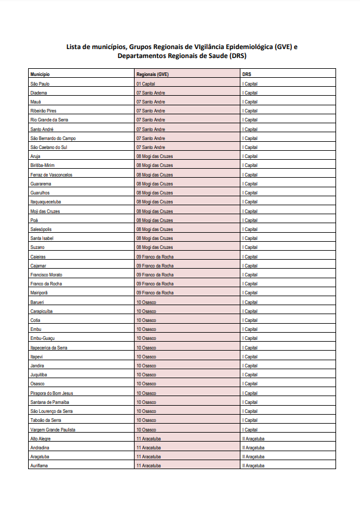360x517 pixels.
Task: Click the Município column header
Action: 39,74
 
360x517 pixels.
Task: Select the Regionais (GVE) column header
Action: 152,74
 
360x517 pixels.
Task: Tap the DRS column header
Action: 246,74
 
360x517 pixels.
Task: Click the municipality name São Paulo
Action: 39,84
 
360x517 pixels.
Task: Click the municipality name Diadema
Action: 38,93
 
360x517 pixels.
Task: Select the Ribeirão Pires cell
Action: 43,111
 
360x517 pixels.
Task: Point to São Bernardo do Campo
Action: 53,138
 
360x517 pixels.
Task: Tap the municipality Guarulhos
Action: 39,193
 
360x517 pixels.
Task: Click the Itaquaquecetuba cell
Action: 45,202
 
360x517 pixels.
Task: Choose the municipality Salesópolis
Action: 41,229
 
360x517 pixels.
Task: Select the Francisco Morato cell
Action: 46,275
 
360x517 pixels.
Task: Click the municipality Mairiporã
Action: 39,293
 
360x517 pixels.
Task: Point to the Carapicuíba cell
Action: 41,311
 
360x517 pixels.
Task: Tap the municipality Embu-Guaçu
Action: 42,338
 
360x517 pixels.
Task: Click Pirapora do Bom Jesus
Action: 51,393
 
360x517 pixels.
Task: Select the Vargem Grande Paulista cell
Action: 53,429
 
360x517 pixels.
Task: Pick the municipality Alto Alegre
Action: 40,439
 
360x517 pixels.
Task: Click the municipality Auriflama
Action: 39,466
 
